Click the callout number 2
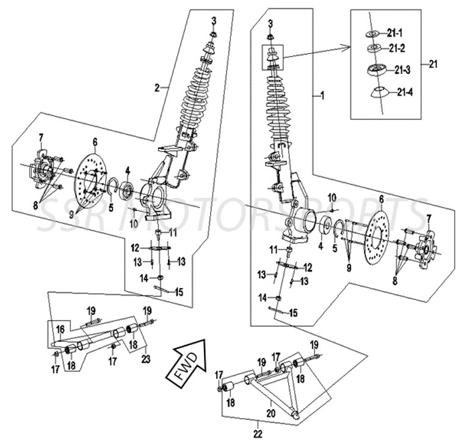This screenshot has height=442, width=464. pos(157,88)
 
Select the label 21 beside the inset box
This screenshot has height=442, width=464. pos(433,63)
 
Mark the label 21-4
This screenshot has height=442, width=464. pos(405,93)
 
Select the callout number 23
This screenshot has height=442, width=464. pos(145,359)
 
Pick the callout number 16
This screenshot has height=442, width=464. pos(60,329)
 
